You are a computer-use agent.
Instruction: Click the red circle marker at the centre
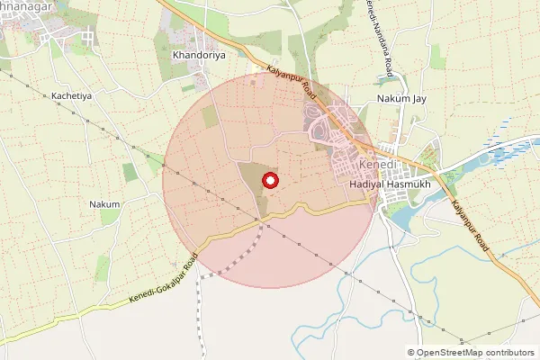click(x=268, y=181)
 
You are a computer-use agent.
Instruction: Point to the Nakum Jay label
click(x=400, y=98)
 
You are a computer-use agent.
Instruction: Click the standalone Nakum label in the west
click(x=104, y=204)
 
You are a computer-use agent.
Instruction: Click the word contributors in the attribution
click(x=510, y=353)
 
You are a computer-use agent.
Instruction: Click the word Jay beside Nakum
click(x=417, y=98)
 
